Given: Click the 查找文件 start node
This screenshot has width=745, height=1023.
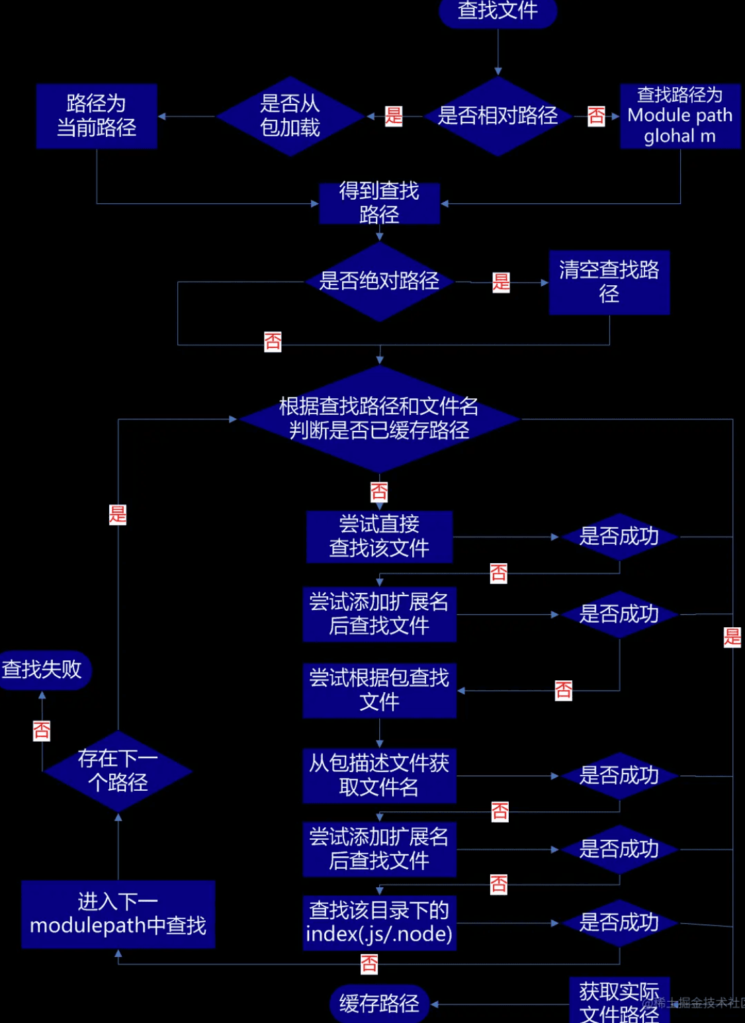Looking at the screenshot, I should [498, 11].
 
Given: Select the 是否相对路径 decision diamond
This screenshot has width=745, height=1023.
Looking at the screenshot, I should [498, 116].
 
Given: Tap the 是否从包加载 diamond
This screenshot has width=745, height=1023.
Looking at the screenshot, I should [290, 116].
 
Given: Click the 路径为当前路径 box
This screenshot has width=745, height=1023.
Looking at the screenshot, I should [97, 116].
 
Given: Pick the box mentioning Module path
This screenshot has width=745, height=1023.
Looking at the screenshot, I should [679, 116].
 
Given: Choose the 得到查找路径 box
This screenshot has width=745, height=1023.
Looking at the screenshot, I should [379, 203].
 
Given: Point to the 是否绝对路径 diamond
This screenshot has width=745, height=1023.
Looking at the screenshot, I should [379, 282].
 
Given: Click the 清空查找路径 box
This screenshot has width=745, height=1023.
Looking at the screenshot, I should [609, 282].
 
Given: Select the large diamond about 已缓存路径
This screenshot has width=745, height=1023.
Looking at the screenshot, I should [379, 419].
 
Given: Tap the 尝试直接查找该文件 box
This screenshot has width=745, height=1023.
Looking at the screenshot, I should [379, 537].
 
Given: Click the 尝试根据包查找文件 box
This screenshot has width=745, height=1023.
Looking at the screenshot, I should [379, 690].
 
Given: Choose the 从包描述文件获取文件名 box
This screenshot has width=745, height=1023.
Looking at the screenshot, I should [379, 776].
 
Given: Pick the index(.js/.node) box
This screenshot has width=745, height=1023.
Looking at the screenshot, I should [379, 923].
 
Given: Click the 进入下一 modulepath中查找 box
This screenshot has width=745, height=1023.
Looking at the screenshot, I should [118, 914].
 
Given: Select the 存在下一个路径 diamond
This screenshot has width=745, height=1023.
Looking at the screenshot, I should [118, 771].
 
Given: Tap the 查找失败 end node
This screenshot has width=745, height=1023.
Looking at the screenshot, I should [42, 670].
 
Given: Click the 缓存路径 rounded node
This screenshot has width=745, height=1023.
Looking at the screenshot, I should [379, 1004].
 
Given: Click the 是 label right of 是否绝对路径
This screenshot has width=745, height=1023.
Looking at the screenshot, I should [501, 283].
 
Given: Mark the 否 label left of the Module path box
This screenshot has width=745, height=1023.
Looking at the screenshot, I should [596, 116].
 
